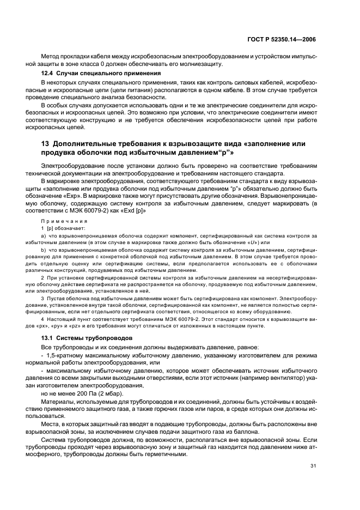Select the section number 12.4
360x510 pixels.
[x=48, y=73]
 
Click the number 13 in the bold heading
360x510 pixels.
[x=46, y=143]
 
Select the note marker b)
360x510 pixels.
[x=44, y=250]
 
